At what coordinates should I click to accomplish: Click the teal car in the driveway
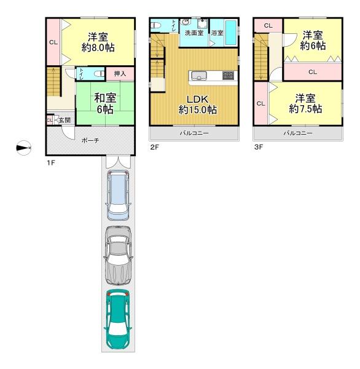[x=117, y=319]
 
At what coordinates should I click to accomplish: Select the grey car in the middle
[x=118, y=255]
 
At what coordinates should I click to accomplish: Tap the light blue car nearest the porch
[x=118, y=196]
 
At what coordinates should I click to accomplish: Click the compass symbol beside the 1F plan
[x=23, y=148]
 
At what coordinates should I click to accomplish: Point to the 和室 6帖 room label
[x=105, y=104]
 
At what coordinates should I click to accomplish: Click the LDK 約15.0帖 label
[x=198, y=105]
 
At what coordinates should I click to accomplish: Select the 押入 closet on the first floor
[x=120, y=74]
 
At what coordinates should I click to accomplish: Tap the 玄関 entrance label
[x=65, y=121]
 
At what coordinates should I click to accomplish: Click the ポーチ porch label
[x=90, y=141]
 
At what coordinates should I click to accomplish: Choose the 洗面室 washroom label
[x=194, y=33]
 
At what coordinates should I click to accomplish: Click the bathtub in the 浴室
[x=230, y=33]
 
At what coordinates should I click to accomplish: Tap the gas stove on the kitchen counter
[x=228, y=75]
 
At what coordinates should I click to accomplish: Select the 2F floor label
[x=154, y=148]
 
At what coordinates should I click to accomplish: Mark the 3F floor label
[x=259, y=148]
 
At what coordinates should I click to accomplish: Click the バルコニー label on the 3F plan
[x=298, y=133]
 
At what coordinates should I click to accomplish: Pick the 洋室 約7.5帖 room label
[x=305, y=104]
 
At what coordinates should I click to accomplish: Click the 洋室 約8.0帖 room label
[x=98, y=42]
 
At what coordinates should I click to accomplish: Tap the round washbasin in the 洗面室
[x=186, y=22]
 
